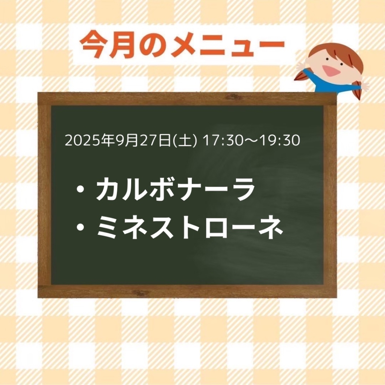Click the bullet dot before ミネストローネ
80,227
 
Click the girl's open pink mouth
330,70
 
